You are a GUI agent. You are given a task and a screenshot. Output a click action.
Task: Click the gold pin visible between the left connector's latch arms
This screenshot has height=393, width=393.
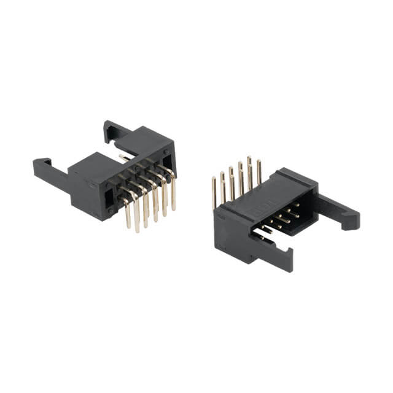pos(125,158)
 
